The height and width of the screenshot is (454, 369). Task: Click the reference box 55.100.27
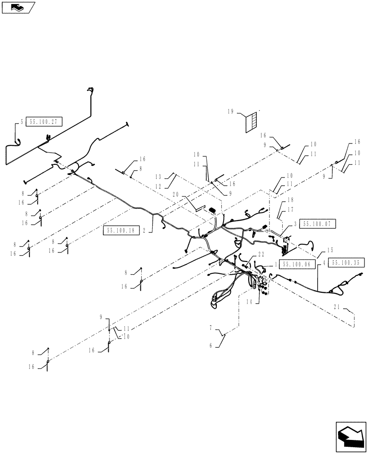[44, 122]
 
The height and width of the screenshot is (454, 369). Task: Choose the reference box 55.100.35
[346, 263]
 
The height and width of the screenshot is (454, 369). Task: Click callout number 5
[21, 122]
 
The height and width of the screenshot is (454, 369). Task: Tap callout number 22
[261, 254]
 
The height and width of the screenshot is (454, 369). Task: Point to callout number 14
[249, 301]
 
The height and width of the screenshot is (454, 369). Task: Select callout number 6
[210, 345]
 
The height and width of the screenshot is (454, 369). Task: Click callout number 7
[210, 326]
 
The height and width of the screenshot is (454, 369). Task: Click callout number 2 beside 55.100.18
[144, 230]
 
